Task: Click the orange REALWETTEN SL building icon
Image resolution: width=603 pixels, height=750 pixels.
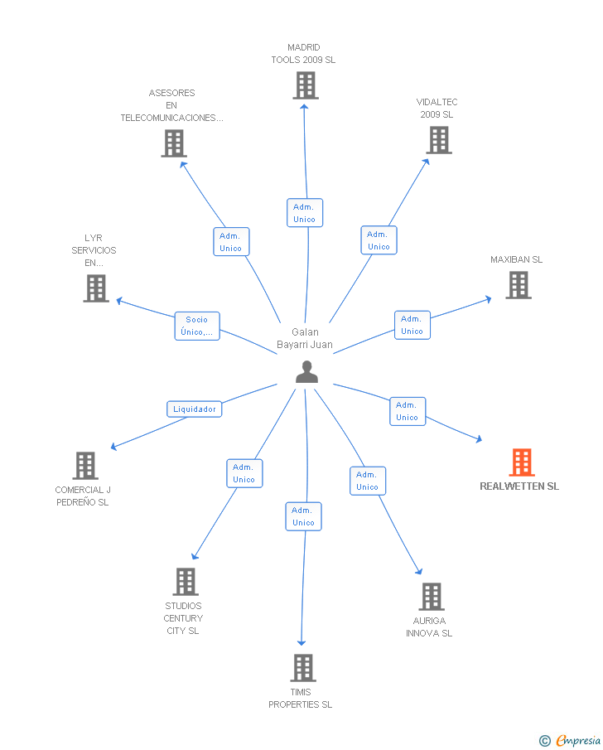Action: pos(521,462)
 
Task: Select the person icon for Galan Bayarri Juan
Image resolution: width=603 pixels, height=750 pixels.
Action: pos(306,373)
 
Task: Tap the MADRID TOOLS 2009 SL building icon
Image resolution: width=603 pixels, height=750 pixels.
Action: pos(305,85)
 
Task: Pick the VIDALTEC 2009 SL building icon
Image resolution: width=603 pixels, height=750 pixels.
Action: pos(438,140)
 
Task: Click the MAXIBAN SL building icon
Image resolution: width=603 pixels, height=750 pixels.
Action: pos(518,285)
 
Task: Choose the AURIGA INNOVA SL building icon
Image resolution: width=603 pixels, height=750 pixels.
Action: pos(431,597)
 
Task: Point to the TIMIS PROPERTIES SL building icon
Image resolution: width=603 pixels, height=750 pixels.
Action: pos(303,668)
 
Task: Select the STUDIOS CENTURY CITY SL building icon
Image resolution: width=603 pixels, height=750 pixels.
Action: pos(186,582)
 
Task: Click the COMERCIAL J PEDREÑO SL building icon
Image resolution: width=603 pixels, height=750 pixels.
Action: pos(85,466)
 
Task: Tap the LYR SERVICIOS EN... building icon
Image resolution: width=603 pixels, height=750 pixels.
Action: pos(96,288)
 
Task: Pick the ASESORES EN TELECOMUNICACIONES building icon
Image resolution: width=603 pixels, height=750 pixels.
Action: pos(173,143)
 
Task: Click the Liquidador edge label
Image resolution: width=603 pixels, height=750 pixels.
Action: pos(194,409)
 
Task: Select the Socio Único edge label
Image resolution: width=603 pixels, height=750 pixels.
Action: pos(197,326)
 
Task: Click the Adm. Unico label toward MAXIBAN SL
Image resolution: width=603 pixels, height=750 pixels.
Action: pos(412,325)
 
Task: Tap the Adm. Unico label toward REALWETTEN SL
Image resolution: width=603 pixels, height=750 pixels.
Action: pos(407,411)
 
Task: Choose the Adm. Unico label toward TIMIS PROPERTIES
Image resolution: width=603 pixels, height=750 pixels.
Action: pos(303,516)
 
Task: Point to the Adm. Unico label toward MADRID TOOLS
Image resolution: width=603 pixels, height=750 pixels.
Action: pos(304,213)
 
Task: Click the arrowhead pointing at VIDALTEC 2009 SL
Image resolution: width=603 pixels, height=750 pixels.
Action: pos(427,161)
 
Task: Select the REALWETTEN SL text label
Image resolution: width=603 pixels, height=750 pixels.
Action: pos(519,486)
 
